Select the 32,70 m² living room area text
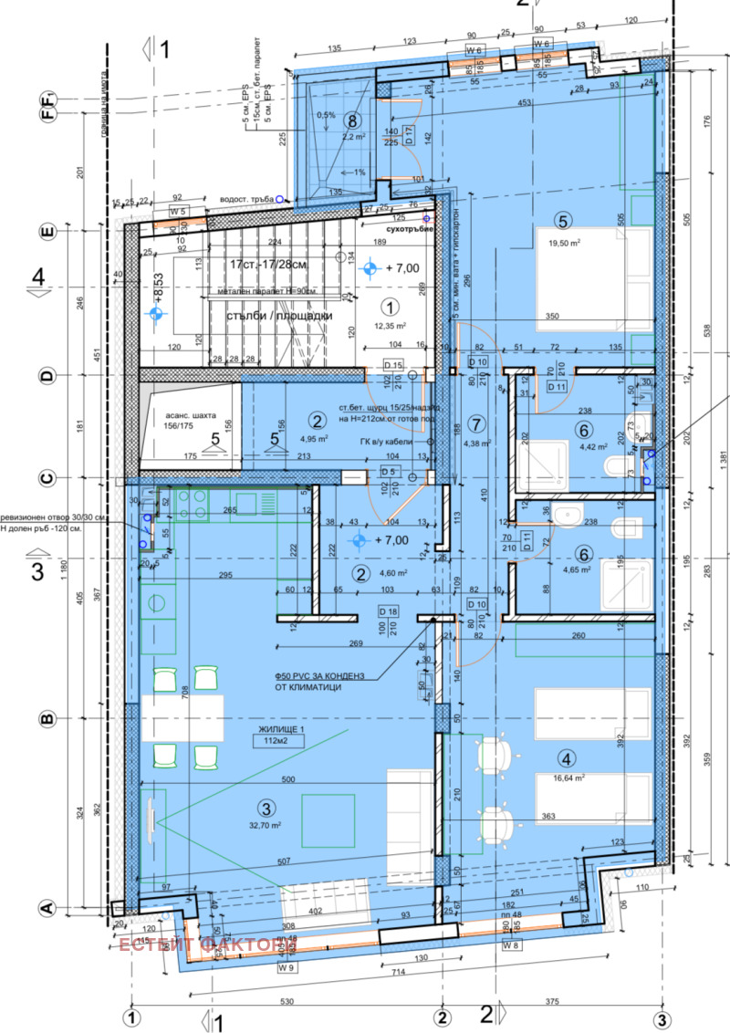266,825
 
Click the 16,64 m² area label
568,779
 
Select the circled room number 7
474,423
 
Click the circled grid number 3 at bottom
660,1017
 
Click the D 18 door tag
388,611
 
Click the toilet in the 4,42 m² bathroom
618,467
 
